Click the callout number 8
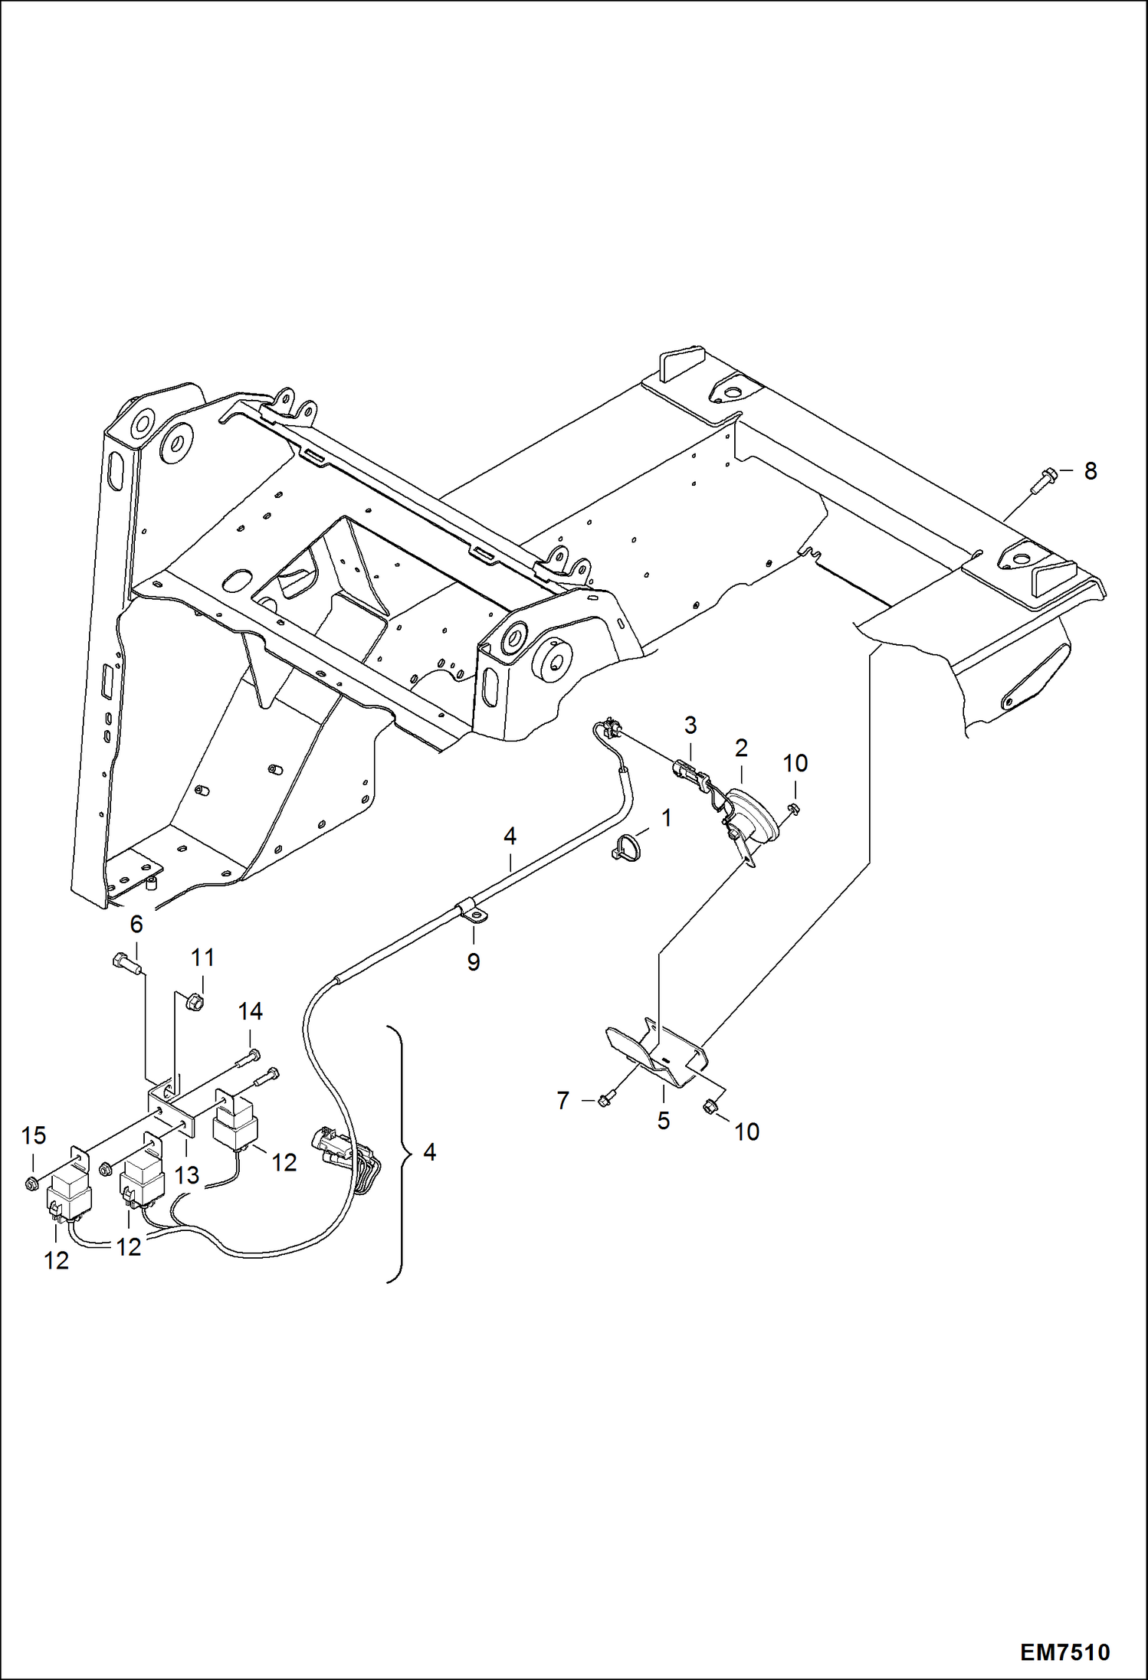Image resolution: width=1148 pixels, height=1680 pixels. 1091,471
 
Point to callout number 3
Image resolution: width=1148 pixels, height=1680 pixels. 690,724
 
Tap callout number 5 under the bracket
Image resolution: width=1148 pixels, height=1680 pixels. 663,1121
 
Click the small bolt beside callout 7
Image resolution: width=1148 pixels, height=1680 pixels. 605,1101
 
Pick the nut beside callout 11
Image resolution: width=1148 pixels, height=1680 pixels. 194,1000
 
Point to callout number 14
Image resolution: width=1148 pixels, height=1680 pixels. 251,1011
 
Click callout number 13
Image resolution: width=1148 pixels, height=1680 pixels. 187,1175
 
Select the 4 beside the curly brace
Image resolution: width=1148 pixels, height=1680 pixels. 430,1151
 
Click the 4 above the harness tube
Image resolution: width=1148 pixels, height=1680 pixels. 510,836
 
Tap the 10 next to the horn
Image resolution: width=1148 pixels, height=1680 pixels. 795,763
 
